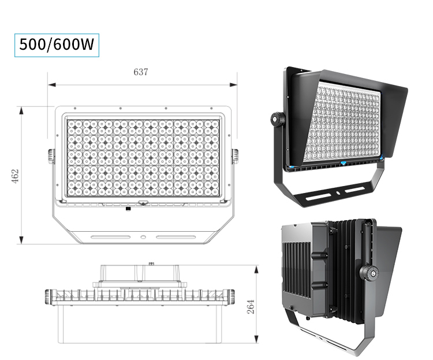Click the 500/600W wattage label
point(57,44)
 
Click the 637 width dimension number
point(141,72)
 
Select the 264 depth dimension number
point(251,307)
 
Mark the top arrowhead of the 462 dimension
point(21,109)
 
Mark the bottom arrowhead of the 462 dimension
point(21,241)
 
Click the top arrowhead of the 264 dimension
point(257,269)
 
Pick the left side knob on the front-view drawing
point(51,155)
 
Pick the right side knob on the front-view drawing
point(235,155)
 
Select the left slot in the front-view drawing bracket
point(110,236)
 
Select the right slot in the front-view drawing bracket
point(175,236)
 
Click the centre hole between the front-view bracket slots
point(143,236)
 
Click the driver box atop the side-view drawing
point(141,274)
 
